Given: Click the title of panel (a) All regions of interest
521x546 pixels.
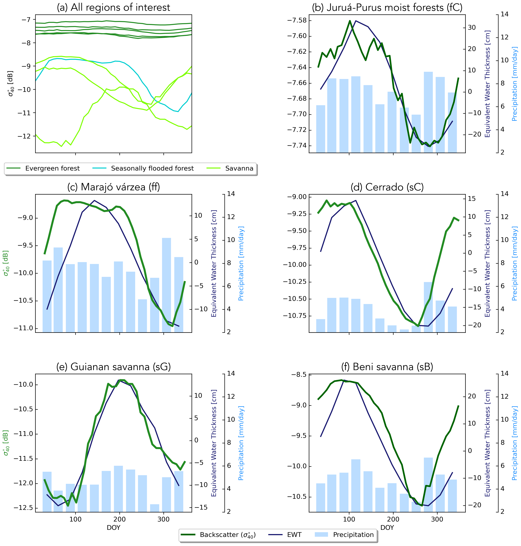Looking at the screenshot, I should point(113,8).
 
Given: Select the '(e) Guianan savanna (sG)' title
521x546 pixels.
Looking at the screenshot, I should point(113,367).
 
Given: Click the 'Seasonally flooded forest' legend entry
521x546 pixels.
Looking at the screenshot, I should point(152,168).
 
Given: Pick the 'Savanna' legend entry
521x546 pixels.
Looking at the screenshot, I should point(239,168).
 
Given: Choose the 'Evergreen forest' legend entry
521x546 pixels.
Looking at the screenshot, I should point(52,168).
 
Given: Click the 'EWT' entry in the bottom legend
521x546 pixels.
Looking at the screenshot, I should point(294,535).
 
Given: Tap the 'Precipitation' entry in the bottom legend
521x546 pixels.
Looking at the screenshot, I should point(353,535).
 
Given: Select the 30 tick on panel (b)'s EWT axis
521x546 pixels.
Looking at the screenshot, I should point(471,27).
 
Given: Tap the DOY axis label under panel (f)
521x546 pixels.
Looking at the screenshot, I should point(387,528).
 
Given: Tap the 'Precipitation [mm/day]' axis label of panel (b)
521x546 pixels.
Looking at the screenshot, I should point(514,84).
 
